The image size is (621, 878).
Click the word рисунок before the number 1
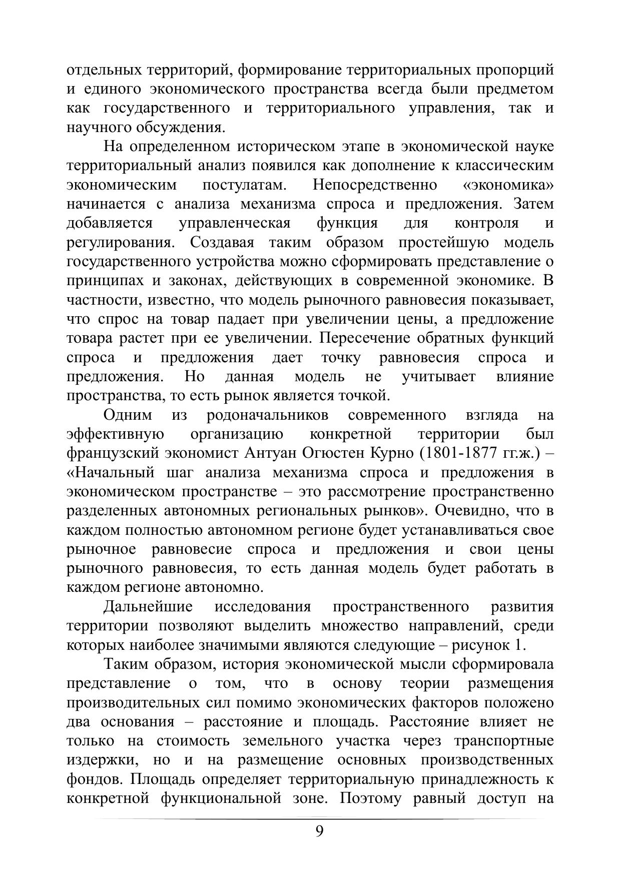480,645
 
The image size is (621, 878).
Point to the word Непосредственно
375,185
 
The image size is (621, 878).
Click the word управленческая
234,223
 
